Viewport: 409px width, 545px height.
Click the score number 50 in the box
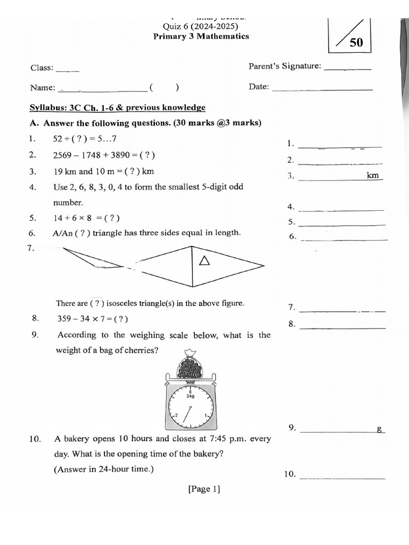(x=356, y=43)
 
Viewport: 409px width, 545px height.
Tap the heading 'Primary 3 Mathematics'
(x=201, y=37)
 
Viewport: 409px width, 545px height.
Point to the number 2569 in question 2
(x=63, y=155)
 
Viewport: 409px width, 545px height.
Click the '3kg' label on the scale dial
(x=190, y=396)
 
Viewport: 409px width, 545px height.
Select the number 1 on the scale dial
(x=206, y=415)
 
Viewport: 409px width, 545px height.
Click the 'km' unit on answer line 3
(x=373, y=175)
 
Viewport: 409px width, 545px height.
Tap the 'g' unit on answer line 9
(x=380, y=428)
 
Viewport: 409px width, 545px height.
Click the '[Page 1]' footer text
(x=204, y=489)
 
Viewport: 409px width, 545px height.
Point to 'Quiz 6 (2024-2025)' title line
(x=200, y=27)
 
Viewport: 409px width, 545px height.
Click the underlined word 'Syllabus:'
(x=47, y=108)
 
